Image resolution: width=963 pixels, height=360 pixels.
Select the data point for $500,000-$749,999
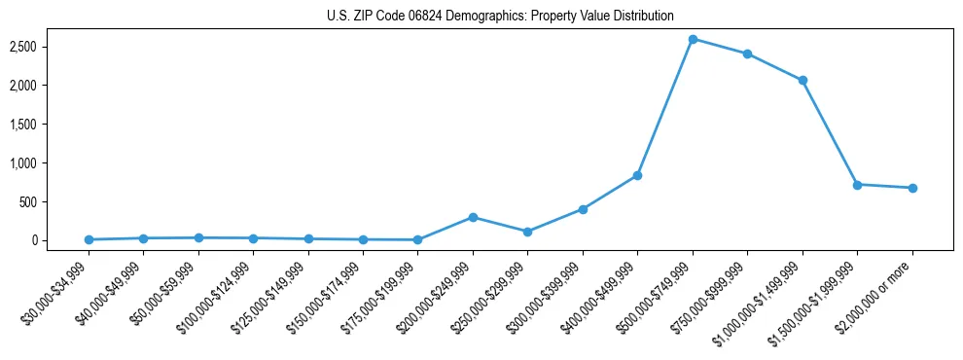[x=693, y=39]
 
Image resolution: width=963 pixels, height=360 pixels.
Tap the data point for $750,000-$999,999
[x=747, y=54]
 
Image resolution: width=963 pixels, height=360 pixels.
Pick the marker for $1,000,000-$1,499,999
[x=802, y=81]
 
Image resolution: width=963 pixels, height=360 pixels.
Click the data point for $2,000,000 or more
[x=912, y=188]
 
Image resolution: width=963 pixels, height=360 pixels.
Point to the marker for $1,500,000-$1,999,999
[x=857, y=184]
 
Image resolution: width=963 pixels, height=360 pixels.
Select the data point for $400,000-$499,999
[x=637, y=175]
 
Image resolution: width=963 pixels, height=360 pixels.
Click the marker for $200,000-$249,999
[x=473, y=217]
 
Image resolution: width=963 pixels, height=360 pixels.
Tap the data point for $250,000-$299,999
[x=527, y=232]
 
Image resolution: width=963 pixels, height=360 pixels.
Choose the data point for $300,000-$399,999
[x=583, y=209]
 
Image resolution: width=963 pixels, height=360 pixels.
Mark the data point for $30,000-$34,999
[x=89, y=239]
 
